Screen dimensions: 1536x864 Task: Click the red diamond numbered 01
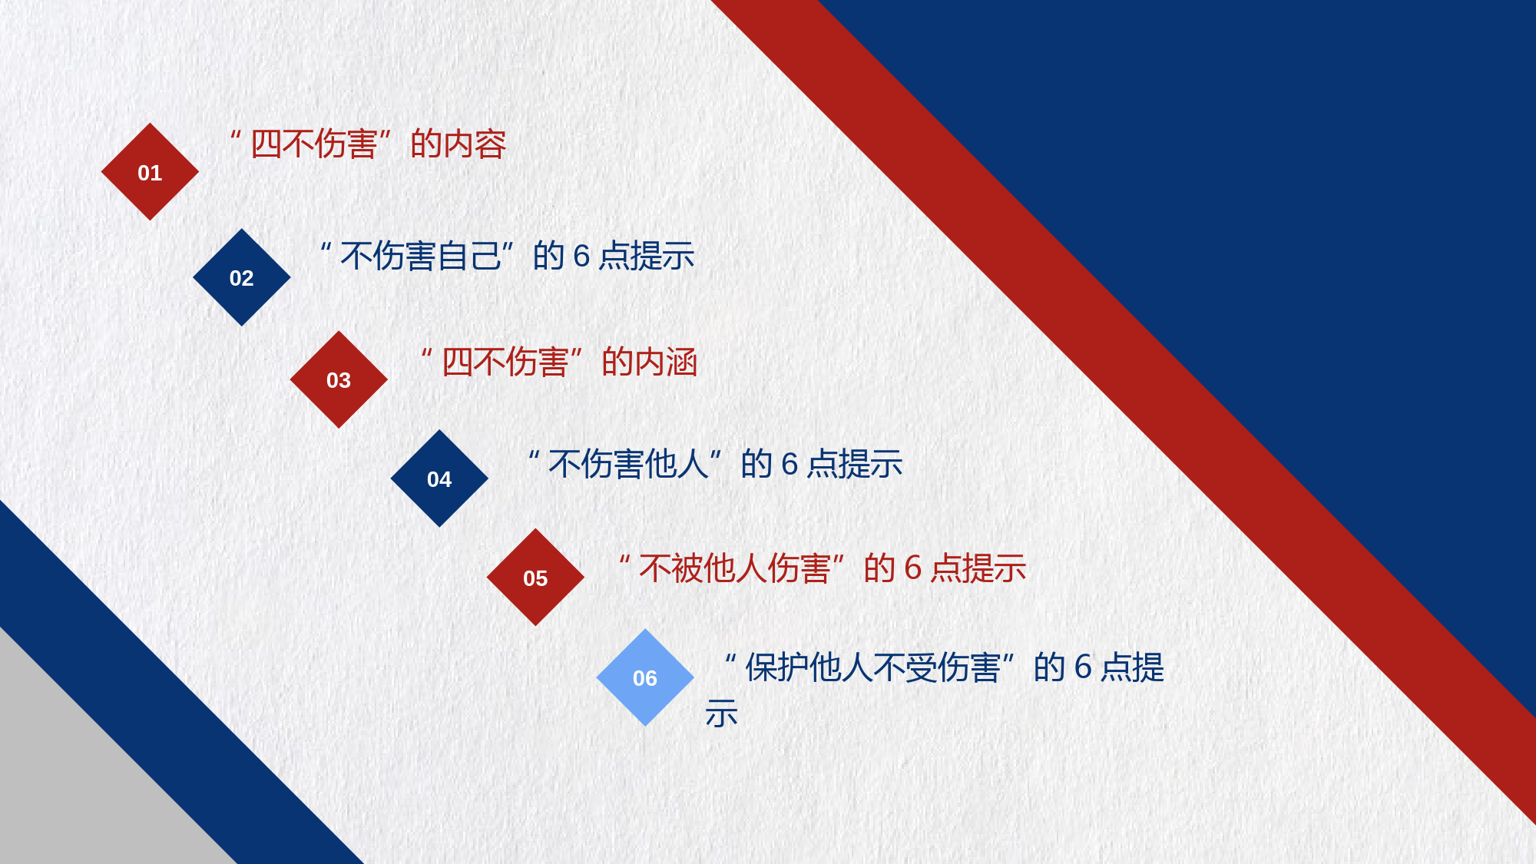[x=150, y=172]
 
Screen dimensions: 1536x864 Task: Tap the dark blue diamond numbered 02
[x=242, y=277]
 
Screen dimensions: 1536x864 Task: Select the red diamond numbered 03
[x=339, y=379]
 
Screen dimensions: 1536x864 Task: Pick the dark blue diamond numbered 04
[x=439, y=478]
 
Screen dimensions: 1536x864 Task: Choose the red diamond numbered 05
[x=535, y=578]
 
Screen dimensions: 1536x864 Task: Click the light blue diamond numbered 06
[x=645, y=677]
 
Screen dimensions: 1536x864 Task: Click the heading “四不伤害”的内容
[x=369, y=144]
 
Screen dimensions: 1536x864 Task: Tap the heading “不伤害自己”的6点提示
[x=508, y=256]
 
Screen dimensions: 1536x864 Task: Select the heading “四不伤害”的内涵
[x=559, y=362]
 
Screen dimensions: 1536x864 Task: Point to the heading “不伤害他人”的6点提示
[x=715, y=464]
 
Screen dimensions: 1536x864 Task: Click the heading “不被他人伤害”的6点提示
[x=823, y=568]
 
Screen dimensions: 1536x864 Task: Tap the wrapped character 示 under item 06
[x=722, y=713]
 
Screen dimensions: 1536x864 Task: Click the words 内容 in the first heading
[x=475, y=144]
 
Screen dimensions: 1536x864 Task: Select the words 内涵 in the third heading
[x=666, y=362]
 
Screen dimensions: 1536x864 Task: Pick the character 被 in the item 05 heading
[x=687, y=568]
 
